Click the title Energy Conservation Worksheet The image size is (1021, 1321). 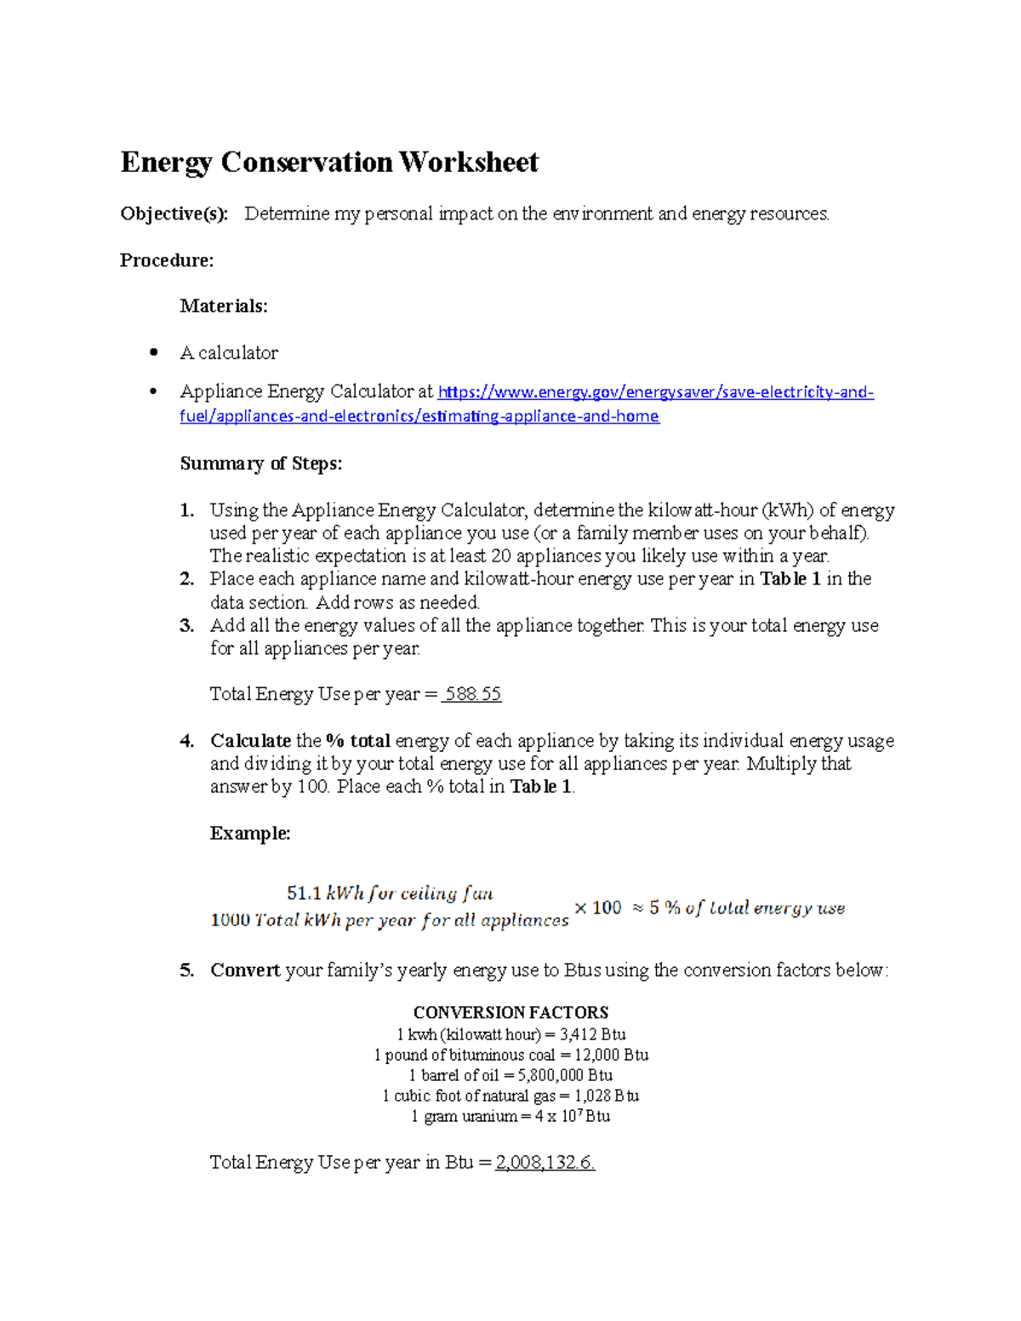(329, 162)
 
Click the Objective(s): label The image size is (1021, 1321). (174, 214)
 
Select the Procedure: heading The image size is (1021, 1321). (167, 260)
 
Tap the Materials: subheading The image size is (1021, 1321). (224, 306)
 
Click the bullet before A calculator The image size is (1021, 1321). (153, 352)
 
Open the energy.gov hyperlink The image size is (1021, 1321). (655, 392)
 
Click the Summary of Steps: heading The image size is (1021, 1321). (260, 464)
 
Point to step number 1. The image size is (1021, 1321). (186, 510)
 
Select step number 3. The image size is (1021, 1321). (186, 626)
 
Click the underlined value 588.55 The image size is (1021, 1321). (471, 694)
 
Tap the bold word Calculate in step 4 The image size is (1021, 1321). (250, 741)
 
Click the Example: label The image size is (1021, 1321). (250, 834)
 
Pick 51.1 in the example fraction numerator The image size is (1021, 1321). (304, 893)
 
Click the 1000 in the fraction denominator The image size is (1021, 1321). (230, 920)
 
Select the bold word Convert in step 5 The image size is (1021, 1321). (245, 971)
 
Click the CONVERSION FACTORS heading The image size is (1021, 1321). (510, 1012)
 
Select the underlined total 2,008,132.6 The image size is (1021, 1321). (545, 1163)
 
